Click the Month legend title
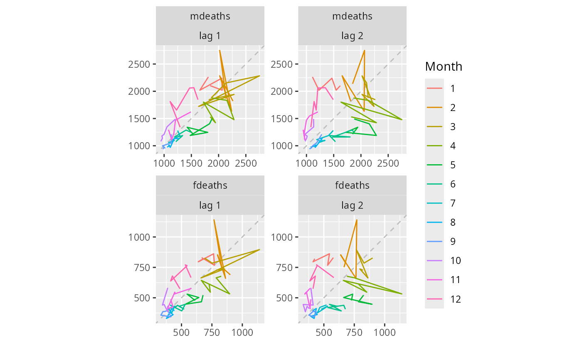click(x=444, y=67)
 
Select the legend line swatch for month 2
click(x=434, y=108)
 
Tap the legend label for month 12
click(x=456, y=299)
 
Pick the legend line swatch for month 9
click(x=434, y=242)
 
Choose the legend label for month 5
click(x=453, y=165)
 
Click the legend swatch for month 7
click(x=434, y=203)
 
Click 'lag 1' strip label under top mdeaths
click(x=210, y=36)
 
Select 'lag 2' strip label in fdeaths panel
click(x=352, y=205)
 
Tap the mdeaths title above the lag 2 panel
click(x=352, y=16)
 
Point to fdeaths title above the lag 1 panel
click(x=210, y=185)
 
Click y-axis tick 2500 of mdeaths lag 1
click(x=140, y=64)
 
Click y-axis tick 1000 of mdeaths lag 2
click(x=282, y=146)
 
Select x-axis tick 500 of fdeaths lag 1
click(x=182, y=333)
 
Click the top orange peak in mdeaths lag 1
click(x=219, y=50)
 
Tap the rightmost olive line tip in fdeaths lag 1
click(x=259, y=249)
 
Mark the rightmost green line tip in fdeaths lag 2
click(x=372, y=304)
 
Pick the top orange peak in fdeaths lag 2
click(x=357, y=220)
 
